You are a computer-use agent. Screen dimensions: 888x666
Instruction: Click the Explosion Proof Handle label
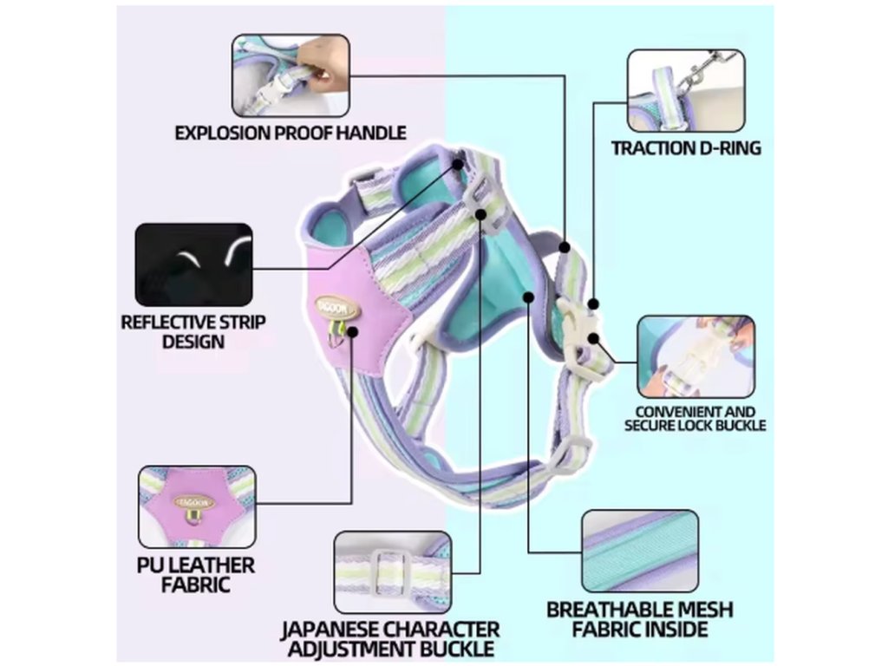tap(291, 133)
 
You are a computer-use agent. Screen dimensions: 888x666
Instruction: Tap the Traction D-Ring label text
tap(686, 147)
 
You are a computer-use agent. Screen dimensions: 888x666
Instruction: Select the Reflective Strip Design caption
tap(193, 331)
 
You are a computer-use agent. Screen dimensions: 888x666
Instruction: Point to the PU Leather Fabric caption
tap(196, 574)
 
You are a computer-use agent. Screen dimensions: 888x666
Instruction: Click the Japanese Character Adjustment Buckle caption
tap(389, 638)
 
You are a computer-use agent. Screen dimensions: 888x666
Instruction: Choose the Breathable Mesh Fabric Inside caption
tap(639, 618)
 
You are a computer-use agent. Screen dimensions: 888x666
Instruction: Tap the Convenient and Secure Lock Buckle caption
tap(695, 418)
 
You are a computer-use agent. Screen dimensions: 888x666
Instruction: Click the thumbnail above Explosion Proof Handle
tap(291, 75)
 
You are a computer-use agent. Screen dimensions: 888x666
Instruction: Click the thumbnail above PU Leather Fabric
tap(197, 506)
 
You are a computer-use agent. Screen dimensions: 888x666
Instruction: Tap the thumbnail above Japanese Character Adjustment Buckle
tap(393, 571)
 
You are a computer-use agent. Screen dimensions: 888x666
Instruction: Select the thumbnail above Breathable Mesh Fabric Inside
tap(640, 551)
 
